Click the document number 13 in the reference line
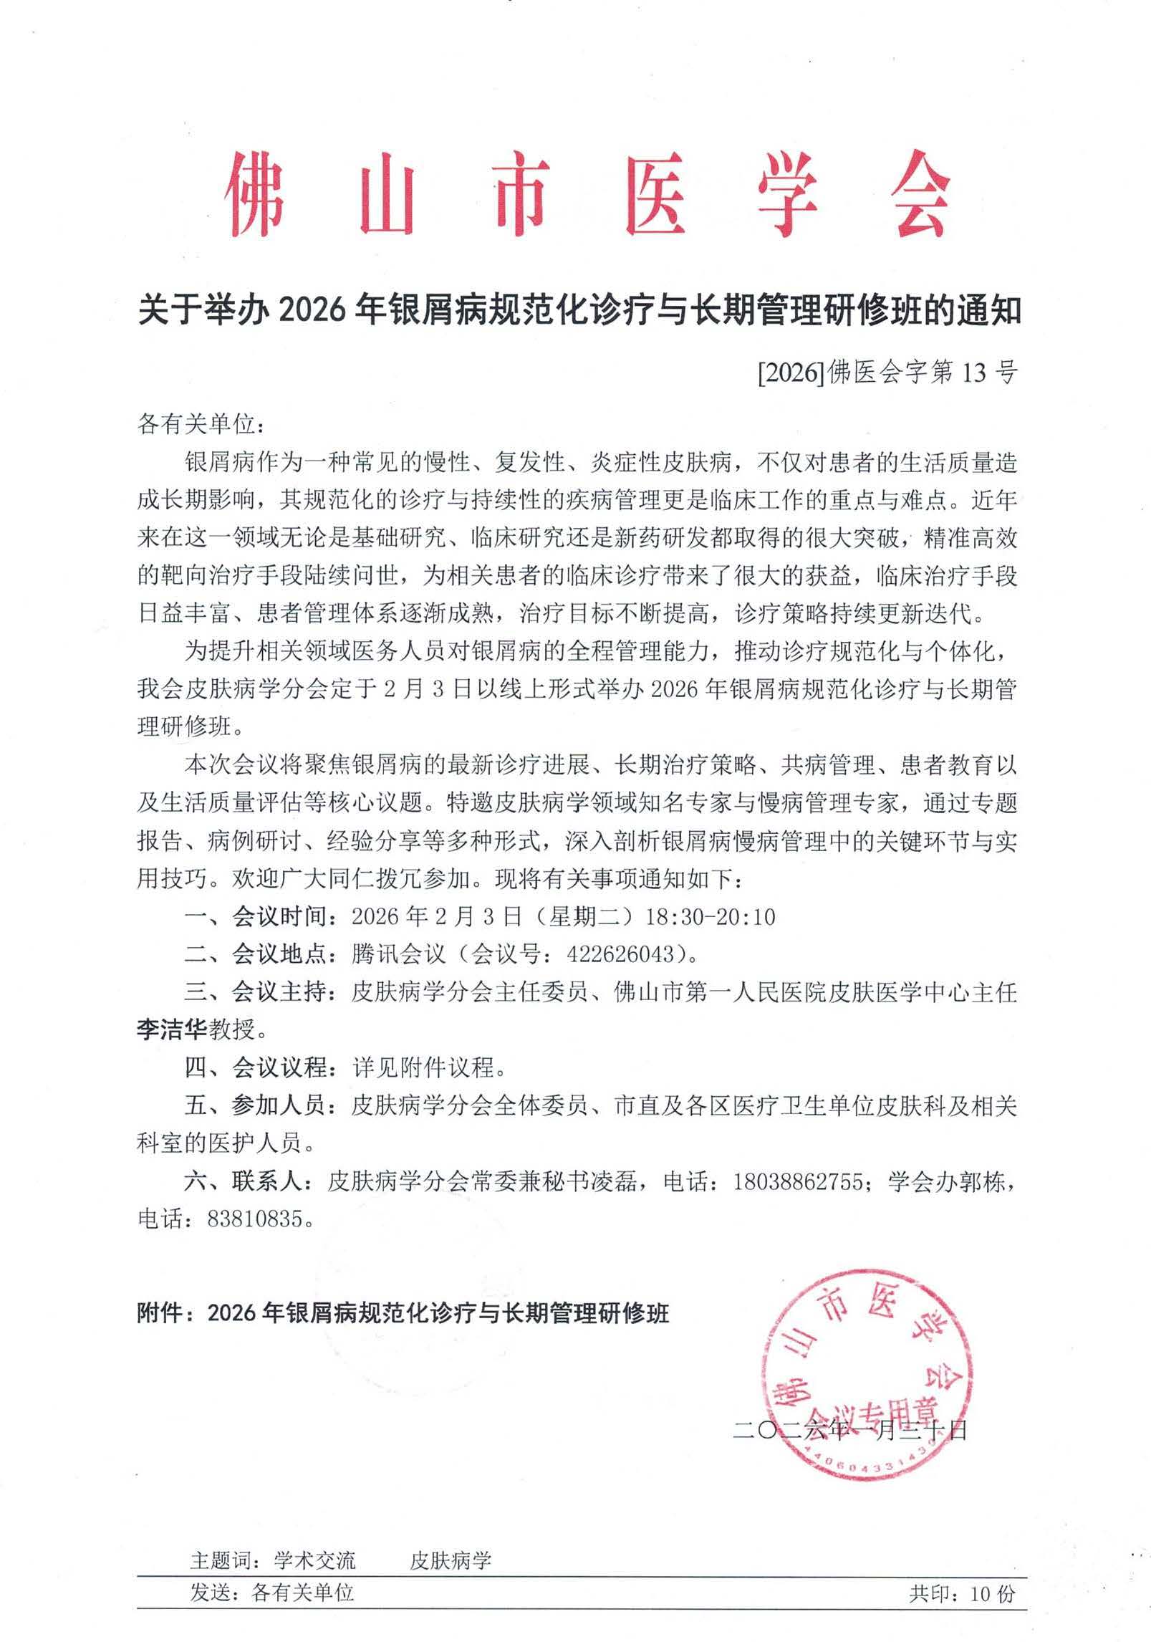coord(957,373)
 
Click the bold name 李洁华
coord(172,1030)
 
